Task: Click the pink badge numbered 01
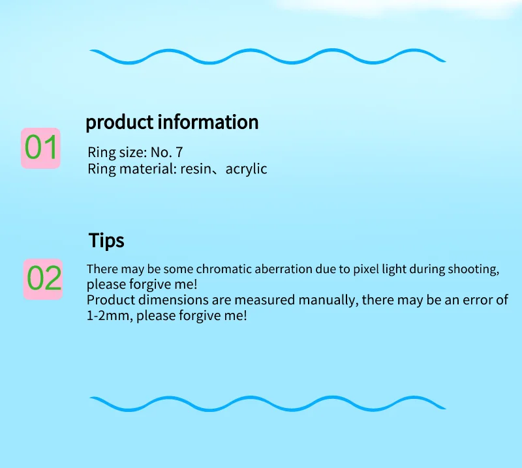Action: point(40,148)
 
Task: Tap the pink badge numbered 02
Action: point(43,279)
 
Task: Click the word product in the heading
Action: point(119,122)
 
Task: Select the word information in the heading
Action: point(207,121)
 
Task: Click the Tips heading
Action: point(106,241)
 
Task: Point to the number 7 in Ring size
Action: point(179,153)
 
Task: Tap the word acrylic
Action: point(246,169)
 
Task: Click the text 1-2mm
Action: point(108,315)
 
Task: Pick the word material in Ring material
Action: point(148,169)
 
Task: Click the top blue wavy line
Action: point(268,56)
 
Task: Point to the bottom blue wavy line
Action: point(268,403)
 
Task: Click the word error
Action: point(478,300)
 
